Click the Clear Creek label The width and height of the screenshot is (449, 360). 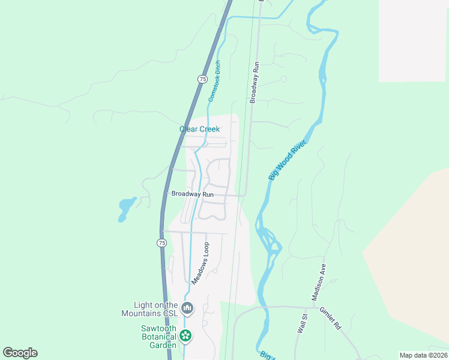point(199,129)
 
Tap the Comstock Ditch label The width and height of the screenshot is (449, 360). point(214,80)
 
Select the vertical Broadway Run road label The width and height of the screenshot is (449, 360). point(255,82)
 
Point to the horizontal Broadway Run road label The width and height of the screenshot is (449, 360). point(192,194)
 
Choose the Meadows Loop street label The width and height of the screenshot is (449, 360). point(200,263)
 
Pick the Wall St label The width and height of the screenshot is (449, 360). point(302,324)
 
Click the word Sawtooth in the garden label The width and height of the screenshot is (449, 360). point(158,328)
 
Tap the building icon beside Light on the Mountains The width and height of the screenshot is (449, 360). point(187,308)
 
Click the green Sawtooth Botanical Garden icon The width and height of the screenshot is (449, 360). point(186,335)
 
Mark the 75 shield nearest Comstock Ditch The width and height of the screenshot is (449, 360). point(202,79)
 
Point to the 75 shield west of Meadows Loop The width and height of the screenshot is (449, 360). point(161,242)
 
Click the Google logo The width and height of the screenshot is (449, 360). point(20,353)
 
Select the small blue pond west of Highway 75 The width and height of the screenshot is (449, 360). point(126,208)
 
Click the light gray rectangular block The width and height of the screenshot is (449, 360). point(414,40)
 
